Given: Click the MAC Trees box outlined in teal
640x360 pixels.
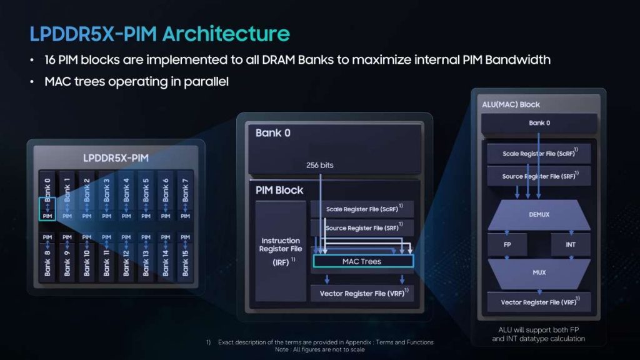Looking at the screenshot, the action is (x=363, y=261).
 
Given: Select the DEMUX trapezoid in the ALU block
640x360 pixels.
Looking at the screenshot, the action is (x=539, y=215).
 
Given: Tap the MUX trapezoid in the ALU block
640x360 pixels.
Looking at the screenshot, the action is (x=539, y=272).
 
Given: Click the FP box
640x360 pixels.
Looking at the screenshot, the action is (x=507, y=244).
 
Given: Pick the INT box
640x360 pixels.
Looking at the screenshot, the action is (x=571, y=244).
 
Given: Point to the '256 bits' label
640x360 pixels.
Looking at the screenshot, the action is (x=320, y=165).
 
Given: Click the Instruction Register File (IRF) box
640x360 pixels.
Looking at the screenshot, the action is (x=281, y=251).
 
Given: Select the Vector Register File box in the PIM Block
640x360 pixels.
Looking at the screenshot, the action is (x=362, y=294).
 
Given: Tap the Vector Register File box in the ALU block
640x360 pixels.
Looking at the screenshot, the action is (x=539, y=302).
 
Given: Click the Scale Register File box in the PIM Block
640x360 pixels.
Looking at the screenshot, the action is (x=362, y=209).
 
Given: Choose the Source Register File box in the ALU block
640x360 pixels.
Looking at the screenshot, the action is (x=539, y=176).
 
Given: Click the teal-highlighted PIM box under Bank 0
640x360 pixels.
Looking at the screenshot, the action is (x=47, y=209).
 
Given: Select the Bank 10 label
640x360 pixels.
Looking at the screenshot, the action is (x=86, y=263).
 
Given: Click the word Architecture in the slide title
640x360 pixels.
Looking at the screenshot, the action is (x=226, y=34).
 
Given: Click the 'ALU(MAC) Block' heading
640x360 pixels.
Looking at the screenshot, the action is (x=511, y=104).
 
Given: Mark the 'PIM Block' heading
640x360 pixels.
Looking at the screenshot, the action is (x=279, y=190).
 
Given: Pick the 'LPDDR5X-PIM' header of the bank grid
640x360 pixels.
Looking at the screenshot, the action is (x=116, y=158).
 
